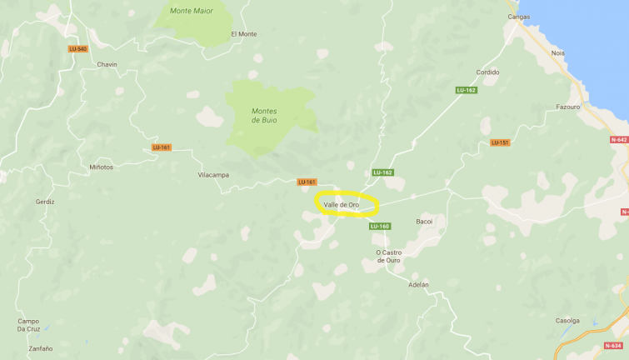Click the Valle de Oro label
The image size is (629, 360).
point(342,204)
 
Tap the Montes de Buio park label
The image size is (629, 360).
point(264,115)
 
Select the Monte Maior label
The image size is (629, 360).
point(192,11)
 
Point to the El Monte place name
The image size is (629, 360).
point(244,33)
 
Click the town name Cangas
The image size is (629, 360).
point(519,16)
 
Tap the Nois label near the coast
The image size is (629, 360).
point(557,52)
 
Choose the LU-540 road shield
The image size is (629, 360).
point(77,48)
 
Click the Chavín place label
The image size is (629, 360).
point(107,64)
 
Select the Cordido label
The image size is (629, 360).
point(487,72)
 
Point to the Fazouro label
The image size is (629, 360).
point(567,107)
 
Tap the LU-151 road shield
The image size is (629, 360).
point(500,142)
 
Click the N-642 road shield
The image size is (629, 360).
point(619,140)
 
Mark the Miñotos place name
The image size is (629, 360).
point(101,167)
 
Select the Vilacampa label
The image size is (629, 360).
point(213,175)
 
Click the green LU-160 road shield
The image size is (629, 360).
point(379,226)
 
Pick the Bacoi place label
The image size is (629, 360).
point(425,222)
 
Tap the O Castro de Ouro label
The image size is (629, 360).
point(388,256)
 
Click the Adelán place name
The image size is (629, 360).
point(419,284)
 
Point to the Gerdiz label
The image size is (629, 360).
point(45,202)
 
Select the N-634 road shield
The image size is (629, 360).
point(613,345)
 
